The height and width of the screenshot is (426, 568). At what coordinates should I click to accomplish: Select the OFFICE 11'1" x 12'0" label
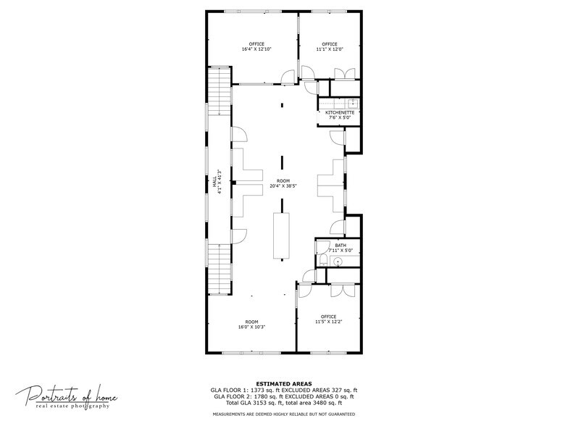[x=329, y=46]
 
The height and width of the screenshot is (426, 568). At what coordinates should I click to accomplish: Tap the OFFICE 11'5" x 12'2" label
[x=328, y=319]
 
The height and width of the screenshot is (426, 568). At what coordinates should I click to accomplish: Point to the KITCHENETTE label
[x=339, y=114]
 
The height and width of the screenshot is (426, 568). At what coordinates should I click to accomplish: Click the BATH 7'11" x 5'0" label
[x=340, y=248]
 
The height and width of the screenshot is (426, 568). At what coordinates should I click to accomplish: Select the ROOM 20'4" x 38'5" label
[x=283, y=183]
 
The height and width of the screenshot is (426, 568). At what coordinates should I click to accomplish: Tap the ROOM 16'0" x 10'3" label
[x=251, y=324]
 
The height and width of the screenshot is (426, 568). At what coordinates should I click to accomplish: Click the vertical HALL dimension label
[x=216, y=186]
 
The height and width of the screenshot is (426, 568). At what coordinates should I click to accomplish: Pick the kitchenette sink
[x=352, y=103]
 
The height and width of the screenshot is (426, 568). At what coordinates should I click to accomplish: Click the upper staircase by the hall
[x=218, y=91]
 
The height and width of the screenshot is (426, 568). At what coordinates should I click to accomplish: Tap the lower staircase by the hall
[x=218, y=269]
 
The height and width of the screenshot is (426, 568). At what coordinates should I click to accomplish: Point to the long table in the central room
[x=280, y=235]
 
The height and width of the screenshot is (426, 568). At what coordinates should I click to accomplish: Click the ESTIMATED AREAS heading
[x=284, y=383]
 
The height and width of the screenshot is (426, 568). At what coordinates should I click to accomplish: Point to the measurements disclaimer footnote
[x=283, y=414]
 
